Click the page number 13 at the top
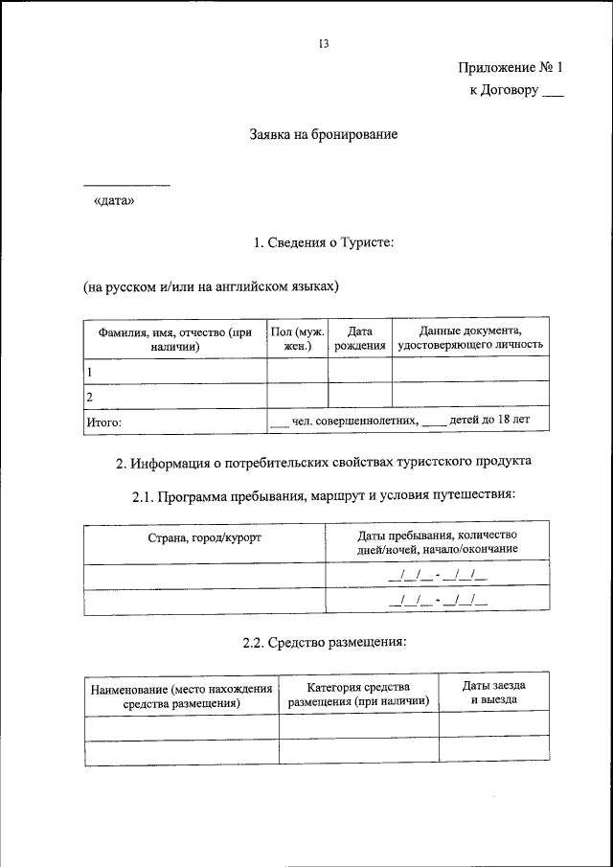pos(324,44)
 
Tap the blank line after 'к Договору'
pos(554,95)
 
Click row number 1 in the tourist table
pos(90,370)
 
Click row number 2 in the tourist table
pos(90,395)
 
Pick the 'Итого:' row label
pos(105,421)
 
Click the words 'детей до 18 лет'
pos(489,420)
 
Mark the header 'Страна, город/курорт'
pos(205,538)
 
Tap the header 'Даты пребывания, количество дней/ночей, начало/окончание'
pos(437,542)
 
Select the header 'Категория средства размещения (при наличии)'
pos(359,695)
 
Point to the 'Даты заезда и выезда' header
pos(493,694)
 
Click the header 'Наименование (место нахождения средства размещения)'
pos(181,696)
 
